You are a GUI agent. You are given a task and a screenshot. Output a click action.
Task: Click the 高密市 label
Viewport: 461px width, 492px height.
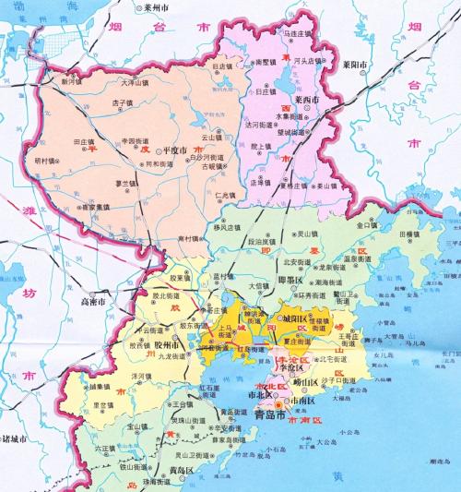[x=96, y=301]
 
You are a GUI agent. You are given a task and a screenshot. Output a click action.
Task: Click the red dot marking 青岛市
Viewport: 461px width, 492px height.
[x=254, y=431]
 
